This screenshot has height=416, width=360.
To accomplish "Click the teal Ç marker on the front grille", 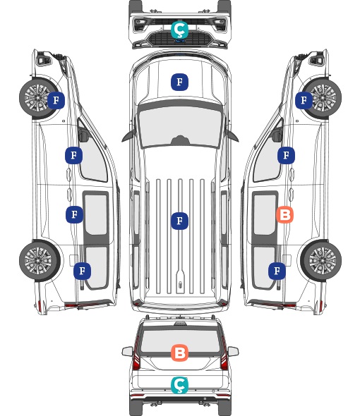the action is pyautogui.click(x=179, y=30).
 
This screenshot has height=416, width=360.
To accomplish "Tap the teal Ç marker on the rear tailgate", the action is pyautogui.click(x=179, y=385).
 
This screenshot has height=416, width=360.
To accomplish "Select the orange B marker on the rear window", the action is pyautogui.click(x=179, y=353).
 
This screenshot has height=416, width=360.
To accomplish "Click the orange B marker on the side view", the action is pyautogui.click(x=284, y=214).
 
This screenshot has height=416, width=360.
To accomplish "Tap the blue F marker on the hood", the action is pyautogui.click(x=179, y=82).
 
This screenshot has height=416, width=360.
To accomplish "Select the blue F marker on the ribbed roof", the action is pyautogui.click(x=179, y=221).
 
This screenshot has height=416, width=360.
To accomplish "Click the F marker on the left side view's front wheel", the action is pyautogui.click(x=56, y=100).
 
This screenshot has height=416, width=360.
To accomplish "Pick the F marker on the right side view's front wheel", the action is pyautogui.click(x=304, y=100).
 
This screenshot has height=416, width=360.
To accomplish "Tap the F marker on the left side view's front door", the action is pyautogui.click(x=73, y=155).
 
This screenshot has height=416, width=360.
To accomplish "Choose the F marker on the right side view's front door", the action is pyautogui.click(x=286, y=155).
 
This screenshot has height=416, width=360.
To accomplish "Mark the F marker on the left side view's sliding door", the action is pyautogui.click(x=74, y=214).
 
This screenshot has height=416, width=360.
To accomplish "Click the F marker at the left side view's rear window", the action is pyautogui.click(x=82, y=271).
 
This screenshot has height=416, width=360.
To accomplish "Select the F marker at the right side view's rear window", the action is pyautogui.click(x=277, y=271).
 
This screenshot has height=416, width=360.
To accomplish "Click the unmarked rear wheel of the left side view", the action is pyautogui.click(x=40, y=260).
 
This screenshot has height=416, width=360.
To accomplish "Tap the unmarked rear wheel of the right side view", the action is pyautogui.click(x=321, y=260).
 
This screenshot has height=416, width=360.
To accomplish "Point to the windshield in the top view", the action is pyautogui.click(x=180, y=126).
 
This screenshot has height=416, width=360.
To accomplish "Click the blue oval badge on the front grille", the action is pyautogui.click(x=180, y=41).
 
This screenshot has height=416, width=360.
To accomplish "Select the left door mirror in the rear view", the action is pyautogui.click(x=128, y=351).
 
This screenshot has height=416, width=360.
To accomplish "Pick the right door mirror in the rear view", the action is pyautogui.click(x=233, y=351).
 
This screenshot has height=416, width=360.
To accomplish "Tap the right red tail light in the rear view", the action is pyautogui.click(x=224, y=355).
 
